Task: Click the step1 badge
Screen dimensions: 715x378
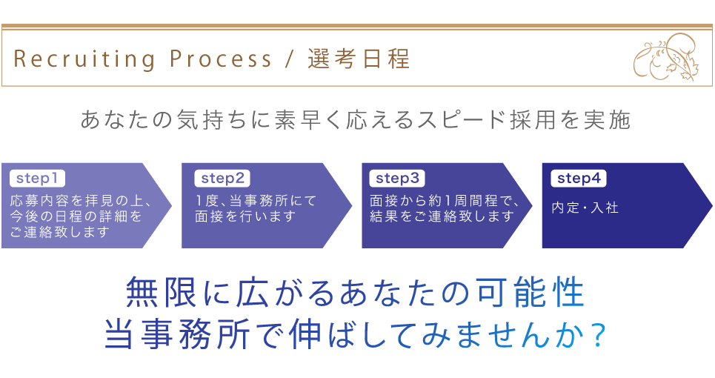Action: click(x=37, y=179)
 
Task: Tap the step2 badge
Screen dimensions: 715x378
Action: click(x=222, y=179)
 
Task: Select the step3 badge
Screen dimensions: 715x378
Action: click(x=397, y=179)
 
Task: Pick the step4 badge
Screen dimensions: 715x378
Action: click(x=579, y=179)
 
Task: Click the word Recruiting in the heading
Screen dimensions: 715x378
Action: click(x=84, y=59)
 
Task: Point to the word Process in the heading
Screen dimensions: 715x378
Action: click(x=221, y=59)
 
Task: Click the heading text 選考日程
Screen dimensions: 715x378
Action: click(x=359, y=59)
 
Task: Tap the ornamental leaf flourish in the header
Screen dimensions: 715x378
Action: click(x=666, y=57)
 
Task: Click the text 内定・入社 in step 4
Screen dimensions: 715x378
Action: click(x=585, y=208)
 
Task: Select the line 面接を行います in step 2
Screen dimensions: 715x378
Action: click(x=245, y=216)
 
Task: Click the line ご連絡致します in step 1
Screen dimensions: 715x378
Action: click(x=60, y=232)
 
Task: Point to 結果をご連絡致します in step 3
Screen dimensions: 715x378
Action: click(x=442, y=216)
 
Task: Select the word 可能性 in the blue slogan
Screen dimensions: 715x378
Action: click(x=531, y=292)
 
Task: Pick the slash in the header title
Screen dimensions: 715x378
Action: click(x=289, y=59)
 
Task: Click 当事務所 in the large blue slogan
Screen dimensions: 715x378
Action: click(x=177, y=335)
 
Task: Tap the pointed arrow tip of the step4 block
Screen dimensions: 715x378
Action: click(x=711, y=205)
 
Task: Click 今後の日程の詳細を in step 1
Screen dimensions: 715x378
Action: click(x=76, y=216)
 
